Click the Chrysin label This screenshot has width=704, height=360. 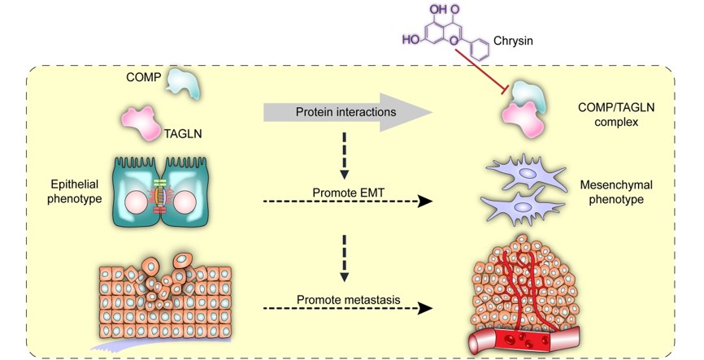513,41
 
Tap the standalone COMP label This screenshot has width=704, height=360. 143,77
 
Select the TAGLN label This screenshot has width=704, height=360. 183,133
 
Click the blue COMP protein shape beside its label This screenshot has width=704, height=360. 182,83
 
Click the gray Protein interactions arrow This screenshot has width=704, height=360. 348,112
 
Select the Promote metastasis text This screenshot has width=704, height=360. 349,299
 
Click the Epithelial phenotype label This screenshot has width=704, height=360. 75,191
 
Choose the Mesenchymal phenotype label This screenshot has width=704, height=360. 616,192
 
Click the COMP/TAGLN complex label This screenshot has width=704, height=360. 616,115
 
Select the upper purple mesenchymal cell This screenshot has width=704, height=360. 525,173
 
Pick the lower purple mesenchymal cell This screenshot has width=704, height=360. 522,206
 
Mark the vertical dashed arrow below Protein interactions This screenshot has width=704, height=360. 345,156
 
